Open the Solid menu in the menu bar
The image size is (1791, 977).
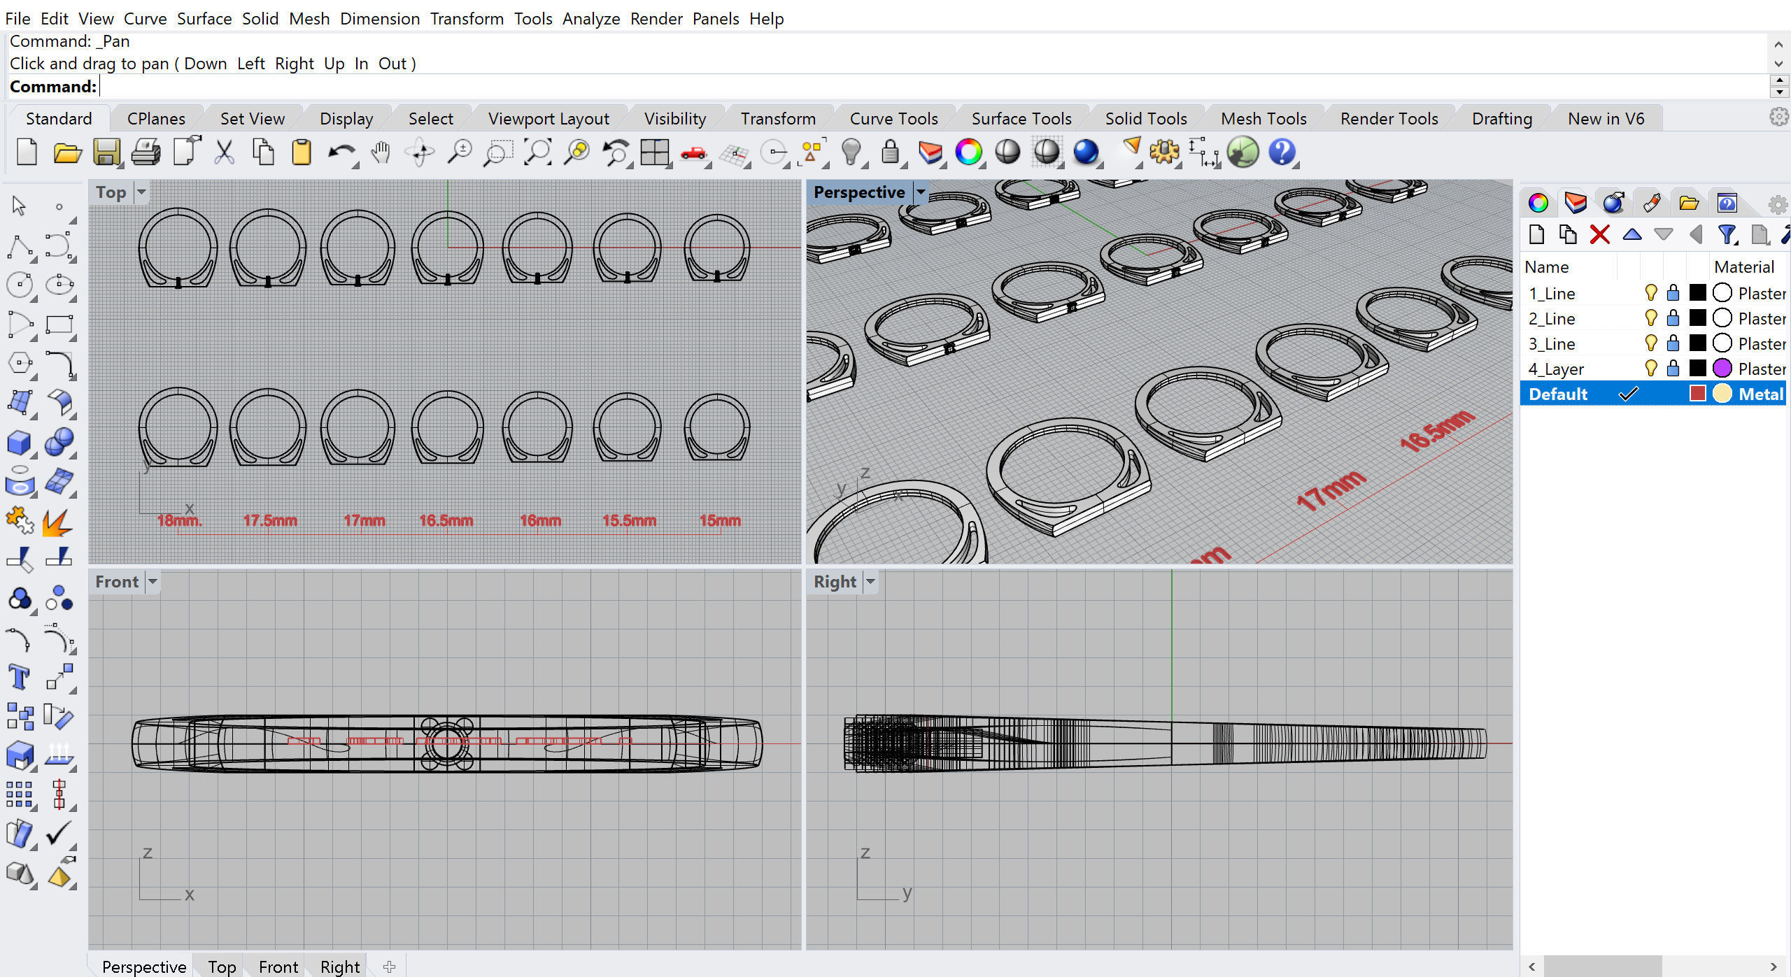pos(260,19)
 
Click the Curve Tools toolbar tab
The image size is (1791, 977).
pos(893,119)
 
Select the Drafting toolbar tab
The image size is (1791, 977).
pos(1501,119)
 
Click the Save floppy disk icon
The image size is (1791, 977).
pos(106,152)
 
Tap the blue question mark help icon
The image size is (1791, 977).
pos(1281,152)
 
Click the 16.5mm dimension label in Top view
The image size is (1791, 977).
pos(446,520)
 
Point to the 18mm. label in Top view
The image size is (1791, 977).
pos(179,520)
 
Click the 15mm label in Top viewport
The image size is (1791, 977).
pos(719,520)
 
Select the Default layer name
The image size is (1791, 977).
pos(1557,394)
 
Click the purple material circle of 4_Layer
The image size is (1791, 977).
pos(1722,368)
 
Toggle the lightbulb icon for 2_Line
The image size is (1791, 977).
pos(1650,318)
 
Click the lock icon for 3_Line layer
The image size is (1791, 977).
pos(1673,343)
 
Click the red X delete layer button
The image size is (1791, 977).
pos(1599,234)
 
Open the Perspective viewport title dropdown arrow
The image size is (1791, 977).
pos(921,192)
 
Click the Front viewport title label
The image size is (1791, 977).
pos(117,582)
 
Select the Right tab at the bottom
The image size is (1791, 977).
pos(339,967)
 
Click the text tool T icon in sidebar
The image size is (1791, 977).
pos(19,677)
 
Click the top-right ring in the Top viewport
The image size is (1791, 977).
pos(716,248)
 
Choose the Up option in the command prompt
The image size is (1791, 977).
pos(334,64)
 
